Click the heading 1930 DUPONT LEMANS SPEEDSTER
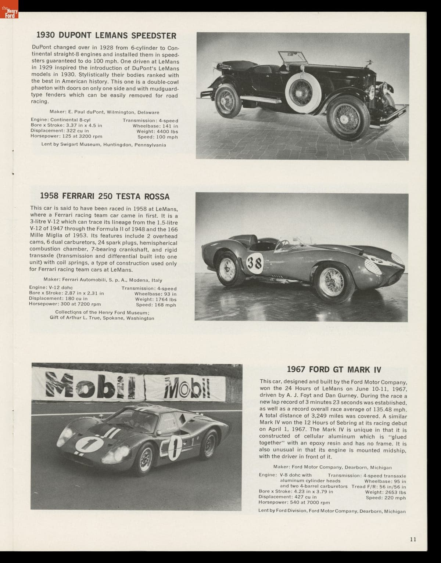click(106, 36)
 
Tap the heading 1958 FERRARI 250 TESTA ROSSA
click(105, 196)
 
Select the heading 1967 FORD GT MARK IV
click(334, 369)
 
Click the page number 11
click(413, 539)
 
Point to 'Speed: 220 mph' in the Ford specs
click(386, 498)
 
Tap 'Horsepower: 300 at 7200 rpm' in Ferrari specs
click(65, 304)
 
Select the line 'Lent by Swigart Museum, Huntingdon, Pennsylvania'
click(104, 145)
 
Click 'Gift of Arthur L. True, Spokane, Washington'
click(102, 318)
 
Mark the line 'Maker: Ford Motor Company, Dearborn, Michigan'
click(332, 468)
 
